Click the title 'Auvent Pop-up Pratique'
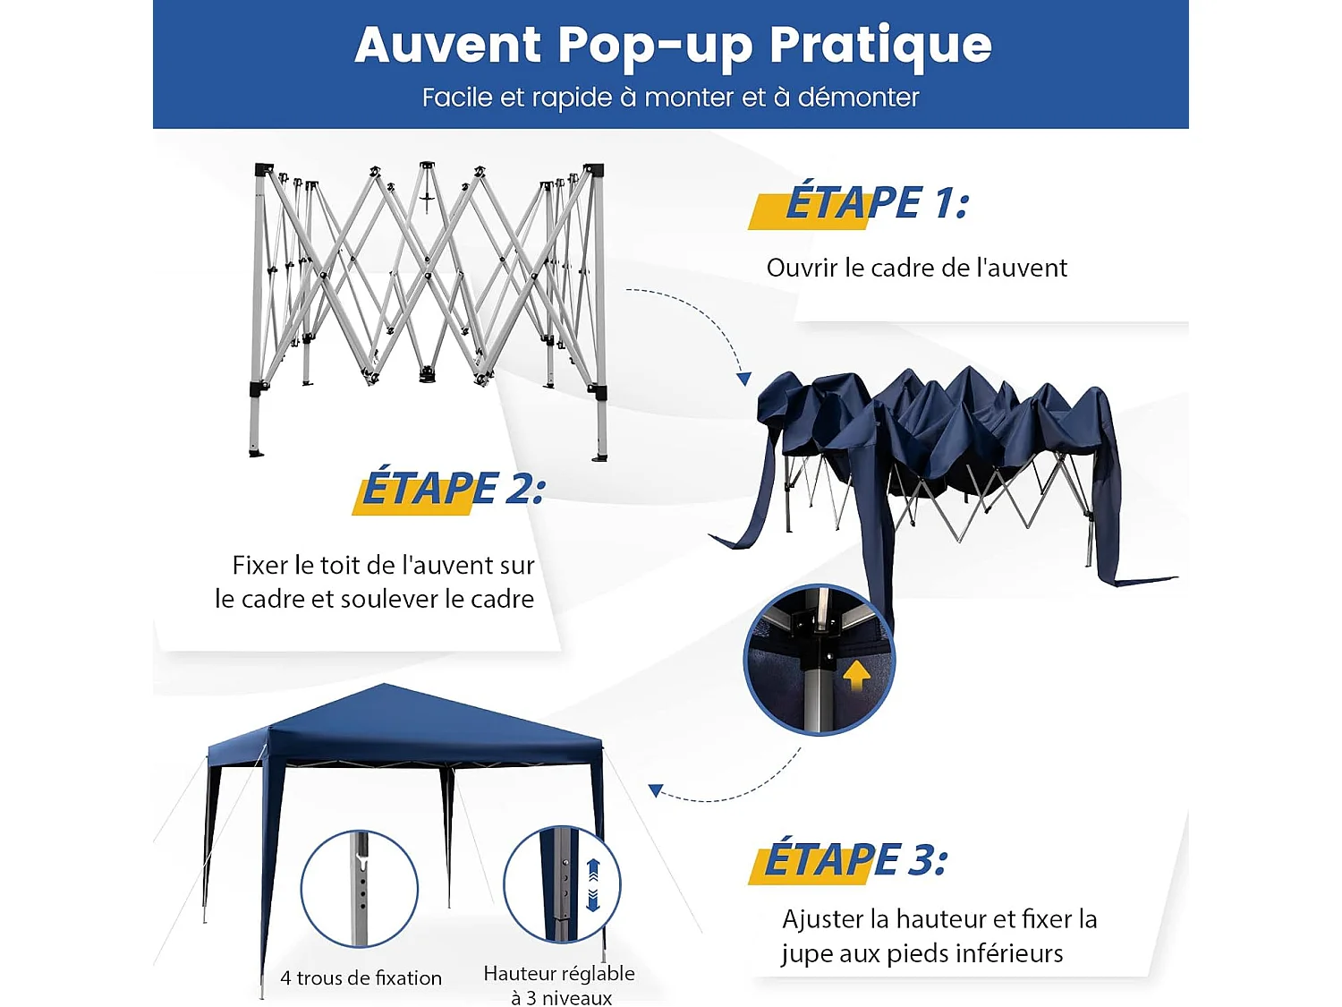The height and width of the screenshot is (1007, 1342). click(x=673, y=45)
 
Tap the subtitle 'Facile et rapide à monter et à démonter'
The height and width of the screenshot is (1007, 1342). click(x=670, y=97)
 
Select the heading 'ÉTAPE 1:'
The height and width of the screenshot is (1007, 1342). click(x=877, y=203)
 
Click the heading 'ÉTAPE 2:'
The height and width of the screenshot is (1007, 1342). click(x=453, y=489)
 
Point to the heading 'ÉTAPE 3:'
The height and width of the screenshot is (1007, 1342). click(x=855, y=860)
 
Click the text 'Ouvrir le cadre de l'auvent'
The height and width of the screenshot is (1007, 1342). click(x=916, y=268)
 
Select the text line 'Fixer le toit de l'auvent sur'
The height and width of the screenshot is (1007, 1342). click(x=383, y=565)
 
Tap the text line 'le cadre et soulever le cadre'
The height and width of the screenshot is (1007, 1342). click(x=374, y=599)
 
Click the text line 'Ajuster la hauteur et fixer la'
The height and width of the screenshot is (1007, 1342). click(x=939, y=919)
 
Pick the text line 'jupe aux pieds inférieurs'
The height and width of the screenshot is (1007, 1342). click(x=922, y=953)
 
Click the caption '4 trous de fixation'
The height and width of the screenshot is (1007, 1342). click(x=361, y=978)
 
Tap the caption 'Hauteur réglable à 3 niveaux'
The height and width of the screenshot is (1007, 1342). click(x=560, y=985)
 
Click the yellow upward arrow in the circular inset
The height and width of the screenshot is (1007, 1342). click(x=856, y=674)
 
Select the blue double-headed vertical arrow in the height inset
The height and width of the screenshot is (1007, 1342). click(x=592, y=884)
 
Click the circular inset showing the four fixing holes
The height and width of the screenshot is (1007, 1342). click(x=359, y=888)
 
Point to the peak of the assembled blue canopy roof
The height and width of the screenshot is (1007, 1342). click(x=385, y=687)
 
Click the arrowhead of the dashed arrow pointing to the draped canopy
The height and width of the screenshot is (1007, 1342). click(x=743, y=379)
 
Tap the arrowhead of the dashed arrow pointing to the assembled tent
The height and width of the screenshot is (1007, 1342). click(x=656, y=790)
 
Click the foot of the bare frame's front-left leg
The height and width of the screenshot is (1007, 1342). click(x=256, y=451)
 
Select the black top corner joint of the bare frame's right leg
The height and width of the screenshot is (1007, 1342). click(x=594, y=170)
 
